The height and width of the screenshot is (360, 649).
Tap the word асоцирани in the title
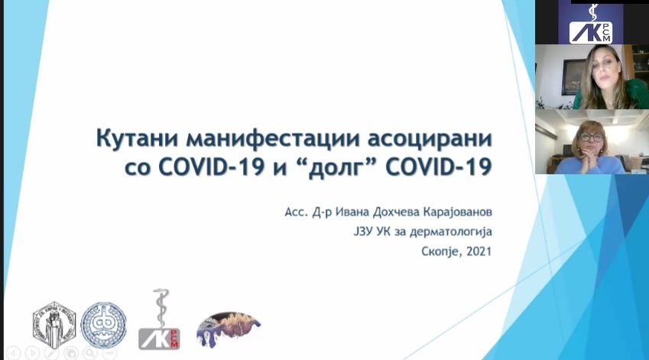(430, 138)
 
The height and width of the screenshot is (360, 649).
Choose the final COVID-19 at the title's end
(438, 167)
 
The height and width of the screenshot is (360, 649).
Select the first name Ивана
(352, 212)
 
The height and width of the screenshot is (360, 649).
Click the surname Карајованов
(457, 212)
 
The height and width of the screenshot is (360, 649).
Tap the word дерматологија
(451, 232)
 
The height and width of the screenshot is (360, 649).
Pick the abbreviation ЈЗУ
(363, 232)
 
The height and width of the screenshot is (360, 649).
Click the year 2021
(479, 251)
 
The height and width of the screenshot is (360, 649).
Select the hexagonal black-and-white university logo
(54, 325)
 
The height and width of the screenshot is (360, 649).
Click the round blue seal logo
(103, 325)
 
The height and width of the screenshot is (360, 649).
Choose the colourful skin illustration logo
(228, 329)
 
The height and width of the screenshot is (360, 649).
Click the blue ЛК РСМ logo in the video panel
(590, 24)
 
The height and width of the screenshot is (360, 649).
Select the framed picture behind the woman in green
(573, 77)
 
